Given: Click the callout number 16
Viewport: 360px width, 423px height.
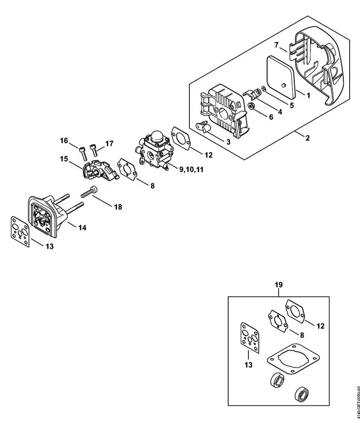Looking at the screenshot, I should click(x=64, y=141).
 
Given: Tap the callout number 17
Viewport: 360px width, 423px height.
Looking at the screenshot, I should click(x=109, y=144).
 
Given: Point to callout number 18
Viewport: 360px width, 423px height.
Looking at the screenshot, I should click(x=117, y=207).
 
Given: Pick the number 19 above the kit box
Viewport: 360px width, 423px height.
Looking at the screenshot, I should click(x=279, y=285).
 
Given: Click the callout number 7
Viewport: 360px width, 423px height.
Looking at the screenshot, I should click(x=278, y=45).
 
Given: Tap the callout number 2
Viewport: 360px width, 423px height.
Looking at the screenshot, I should click(x=307, y=138).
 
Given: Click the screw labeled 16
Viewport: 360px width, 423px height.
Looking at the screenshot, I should click(x=82, y=152).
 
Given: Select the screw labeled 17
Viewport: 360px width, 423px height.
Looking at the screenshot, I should click(x=94, y=149).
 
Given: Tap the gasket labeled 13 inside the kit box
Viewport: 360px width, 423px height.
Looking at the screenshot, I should click(x=249, y=336).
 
